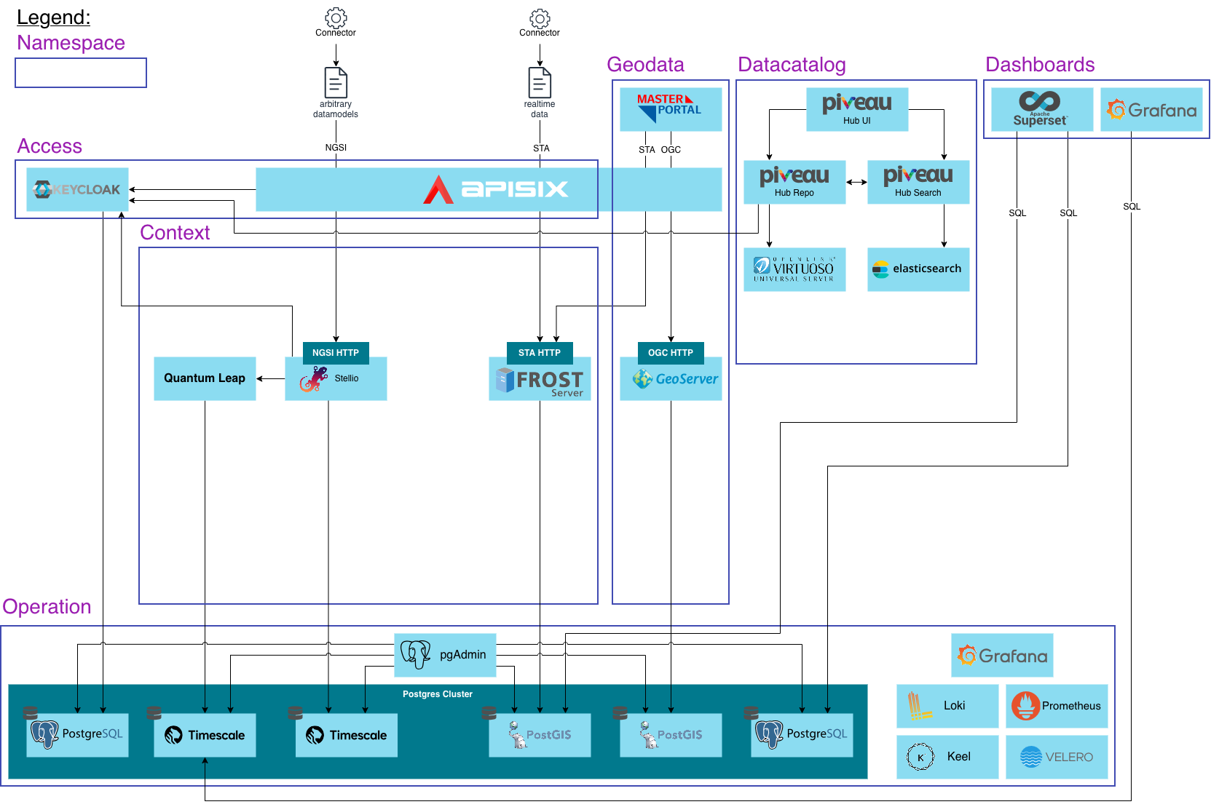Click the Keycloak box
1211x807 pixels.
[77, 189]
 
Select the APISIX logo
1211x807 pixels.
[495, 189]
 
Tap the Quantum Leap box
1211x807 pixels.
[205, 378]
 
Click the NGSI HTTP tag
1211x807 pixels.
[336, 352]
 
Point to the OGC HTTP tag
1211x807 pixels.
[671, 352]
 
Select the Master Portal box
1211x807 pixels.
[671, 109]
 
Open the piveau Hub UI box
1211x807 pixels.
[857, 109]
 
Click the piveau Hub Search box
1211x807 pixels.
[918, 182]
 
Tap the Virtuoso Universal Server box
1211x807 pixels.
[794, 269]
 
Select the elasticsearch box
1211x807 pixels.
[918, 269]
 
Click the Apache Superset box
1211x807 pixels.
[1042, 109]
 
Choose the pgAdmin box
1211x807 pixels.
[445, 655]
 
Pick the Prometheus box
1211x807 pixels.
[1057, 706]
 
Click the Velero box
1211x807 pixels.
[1057, 757]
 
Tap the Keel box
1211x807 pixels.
[947, 757]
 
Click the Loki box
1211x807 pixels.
[947, 706]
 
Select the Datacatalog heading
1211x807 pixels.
[792, 65]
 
